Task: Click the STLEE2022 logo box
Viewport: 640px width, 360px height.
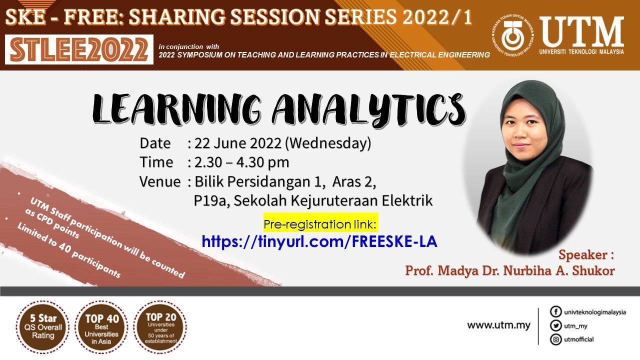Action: [79, 49]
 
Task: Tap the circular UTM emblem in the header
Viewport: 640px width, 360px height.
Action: [513, 35]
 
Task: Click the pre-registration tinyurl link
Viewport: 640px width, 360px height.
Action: [319, 241]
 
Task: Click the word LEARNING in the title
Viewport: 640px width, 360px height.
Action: [176, 110]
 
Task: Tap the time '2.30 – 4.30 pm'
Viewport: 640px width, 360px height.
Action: [241, 162]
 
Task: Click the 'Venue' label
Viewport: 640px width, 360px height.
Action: [160, 181]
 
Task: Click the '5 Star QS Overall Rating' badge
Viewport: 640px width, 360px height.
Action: [43, 327]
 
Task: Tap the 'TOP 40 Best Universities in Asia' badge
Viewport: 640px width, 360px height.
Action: [101, 327]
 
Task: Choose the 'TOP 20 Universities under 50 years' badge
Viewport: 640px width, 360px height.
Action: [160, 327]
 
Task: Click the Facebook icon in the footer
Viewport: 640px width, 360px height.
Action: [555, 311]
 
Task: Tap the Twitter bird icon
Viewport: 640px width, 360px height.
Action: [555, 325]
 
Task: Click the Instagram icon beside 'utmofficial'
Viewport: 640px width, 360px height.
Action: [555, 339]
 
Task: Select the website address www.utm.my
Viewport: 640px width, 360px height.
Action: [498, 325]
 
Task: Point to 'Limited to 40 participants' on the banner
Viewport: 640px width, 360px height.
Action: [68, 250]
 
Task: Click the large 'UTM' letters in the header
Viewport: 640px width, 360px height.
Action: [581, 31]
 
